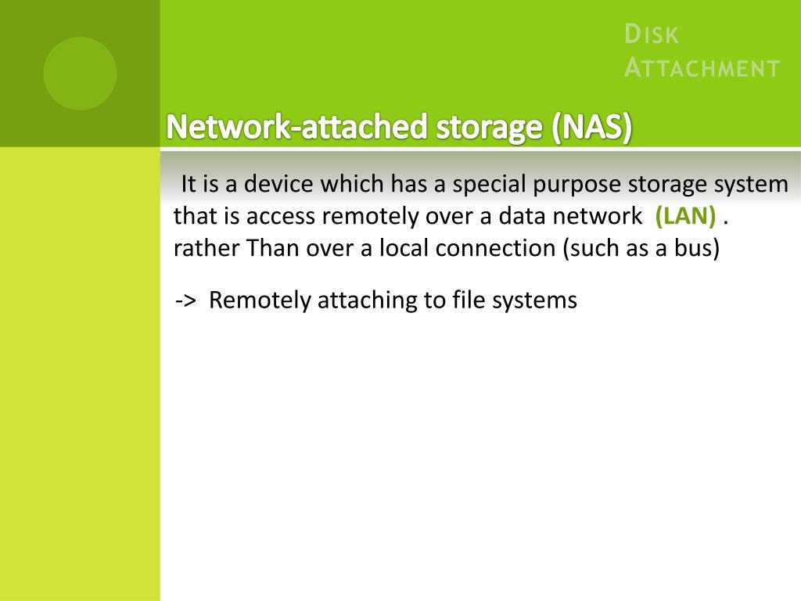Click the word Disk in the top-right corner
click(x=652, y=35)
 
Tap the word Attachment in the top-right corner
click(x=702, y=68)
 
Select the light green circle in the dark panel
click(x=80, y=74)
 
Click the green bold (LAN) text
click(x=686, y=216)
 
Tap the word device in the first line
click(x=271, y=185)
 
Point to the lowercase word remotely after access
click(x=367, y=217)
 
